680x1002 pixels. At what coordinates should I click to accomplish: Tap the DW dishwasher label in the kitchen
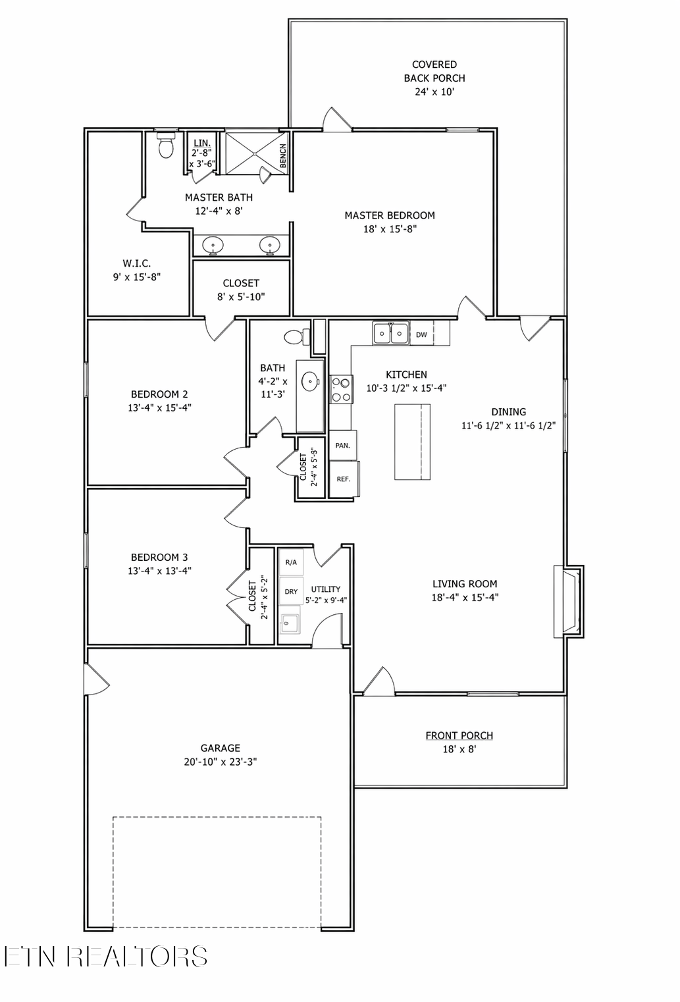[421, 334]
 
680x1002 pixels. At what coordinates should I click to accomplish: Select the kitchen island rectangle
[413, 442]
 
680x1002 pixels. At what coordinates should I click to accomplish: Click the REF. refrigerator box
[344, 479]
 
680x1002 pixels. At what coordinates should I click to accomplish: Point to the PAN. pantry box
[343, 446]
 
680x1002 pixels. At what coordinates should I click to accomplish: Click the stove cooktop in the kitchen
[342, 390]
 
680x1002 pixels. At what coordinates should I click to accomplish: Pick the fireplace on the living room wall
[569, 601]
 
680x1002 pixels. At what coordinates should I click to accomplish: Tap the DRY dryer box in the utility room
[291, 591]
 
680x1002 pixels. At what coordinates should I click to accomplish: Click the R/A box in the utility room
[291, 562]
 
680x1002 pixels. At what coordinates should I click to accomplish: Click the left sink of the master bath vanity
[213, 245]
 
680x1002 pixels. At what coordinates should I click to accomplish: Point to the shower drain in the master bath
[255, 153]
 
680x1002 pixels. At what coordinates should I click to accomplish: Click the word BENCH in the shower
[283, 155]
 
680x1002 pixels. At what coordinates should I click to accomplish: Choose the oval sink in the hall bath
[309, 382]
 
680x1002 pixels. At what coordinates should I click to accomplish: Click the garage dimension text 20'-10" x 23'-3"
[220, 761]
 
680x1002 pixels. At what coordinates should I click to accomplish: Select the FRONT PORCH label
[459, 735]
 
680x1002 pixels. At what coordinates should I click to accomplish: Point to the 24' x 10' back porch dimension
[434, 92]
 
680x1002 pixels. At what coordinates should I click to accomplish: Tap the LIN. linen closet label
[202, 143]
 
